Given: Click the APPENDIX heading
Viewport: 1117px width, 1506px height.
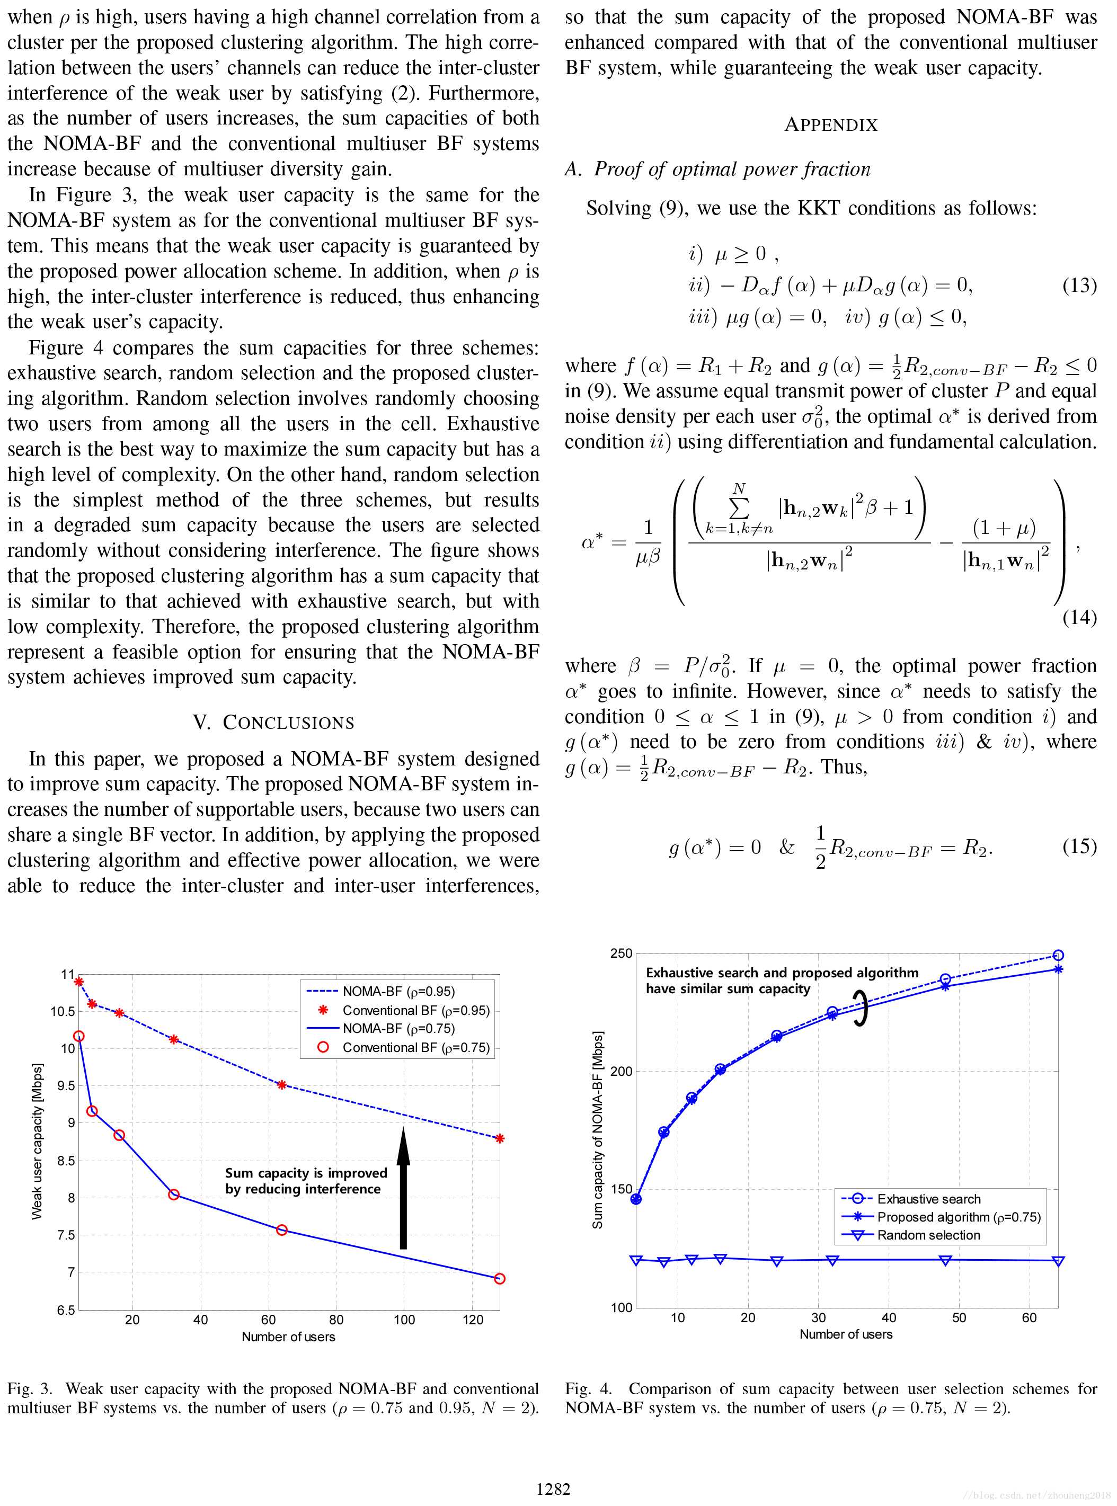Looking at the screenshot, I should click(830, 125).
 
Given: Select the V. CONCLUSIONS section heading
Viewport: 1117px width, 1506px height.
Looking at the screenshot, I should click(273, 722).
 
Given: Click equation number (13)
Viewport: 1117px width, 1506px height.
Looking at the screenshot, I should click(1079, 285).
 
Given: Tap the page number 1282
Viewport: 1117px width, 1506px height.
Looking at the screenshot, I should click(553, 1489).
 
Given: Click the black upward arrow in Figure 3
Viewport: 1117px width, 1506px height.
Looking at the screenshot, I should click(404, 1188).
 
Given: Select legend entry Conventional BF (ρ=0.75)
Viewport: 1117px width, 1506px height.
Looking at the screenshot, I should click(415, 1047).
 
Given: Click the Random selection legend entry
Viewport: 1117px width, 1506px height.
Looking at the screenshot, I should click(928, 1235).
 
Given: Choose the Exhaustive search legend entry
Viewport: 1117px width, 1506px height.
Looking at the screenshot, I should click(928, 1198).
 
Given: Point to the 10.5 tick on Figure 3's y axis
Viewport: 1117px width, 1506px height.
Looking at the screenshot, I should click(63, 1011).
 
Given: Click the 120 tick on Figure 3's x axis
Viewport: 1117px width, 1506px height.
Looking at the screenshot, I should click(473, 1319).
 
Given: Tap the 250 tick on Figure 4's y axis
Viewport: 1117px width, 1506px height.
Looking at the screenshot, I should click(620, 953).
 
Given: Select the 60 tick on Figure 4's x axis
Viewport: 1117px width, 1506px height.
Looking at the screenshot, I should click(1029, 1317).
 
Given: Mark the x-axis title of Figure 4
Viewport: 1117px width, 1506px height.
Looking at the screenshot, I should click(845, 1334).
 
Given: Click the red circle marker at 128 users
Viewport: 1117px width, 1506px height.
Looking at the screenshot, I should click(500, 1278).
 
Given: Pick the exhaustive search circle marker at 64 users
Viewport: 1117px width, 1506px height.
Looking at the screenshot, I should click(1058, 955).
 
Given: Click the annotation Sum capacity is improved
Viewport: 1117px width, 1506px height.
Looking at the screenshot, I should click(306, 1173).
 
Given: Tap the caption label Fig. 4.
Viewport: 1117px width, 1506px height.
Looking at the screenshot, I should click(588, 1389).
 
